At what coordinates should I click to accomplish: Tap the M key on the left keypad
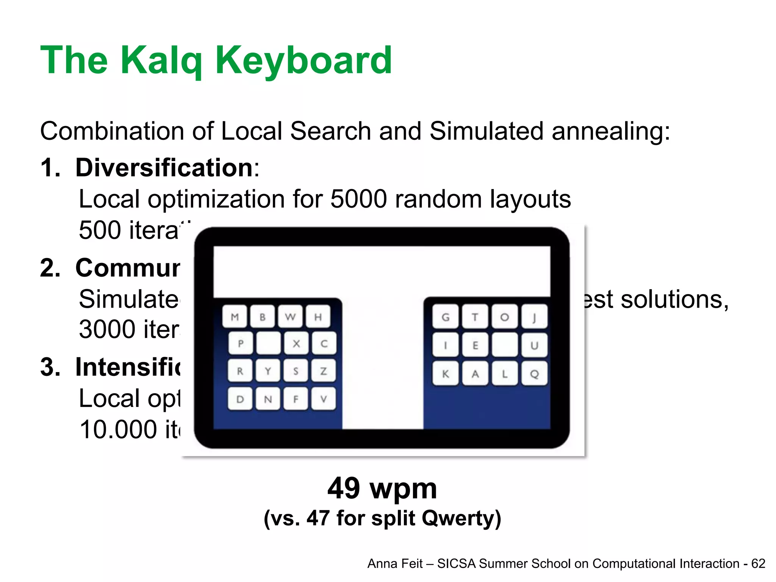[x=235, y=317]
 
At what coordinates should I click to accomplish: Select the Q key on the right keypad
[x=534, y=374]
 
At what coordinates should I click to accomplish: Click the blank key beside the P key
[x=268, y=343]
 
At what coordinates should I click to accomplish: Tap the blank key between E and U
[x=505, y=345]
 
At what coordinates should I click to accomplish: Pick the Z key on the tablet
[x=324, y=371]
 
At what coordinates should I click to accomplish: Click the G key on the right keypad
[x=446, y=317]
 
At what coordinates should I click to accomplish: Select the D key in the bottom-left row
[x=240, y=399]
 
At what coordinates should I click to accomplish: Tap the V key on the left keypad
[x=324, y=399]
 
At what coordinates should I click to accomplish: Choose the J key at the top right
[x=534, y=317]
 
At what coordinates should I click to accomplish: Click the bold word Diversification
[x=164, y=167]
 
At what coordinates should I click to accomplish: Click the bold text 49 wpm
[x=382, y=488]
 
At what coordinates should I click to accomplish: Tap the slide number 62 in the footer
[x=758, y=563]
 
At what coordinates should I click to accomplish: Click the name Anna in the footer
[x=380, y=563]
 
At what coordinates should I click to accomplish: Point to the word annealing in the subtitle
[x=610, y=131]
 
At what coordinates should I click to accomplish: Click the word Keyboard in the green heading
[x=304, y=61]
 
